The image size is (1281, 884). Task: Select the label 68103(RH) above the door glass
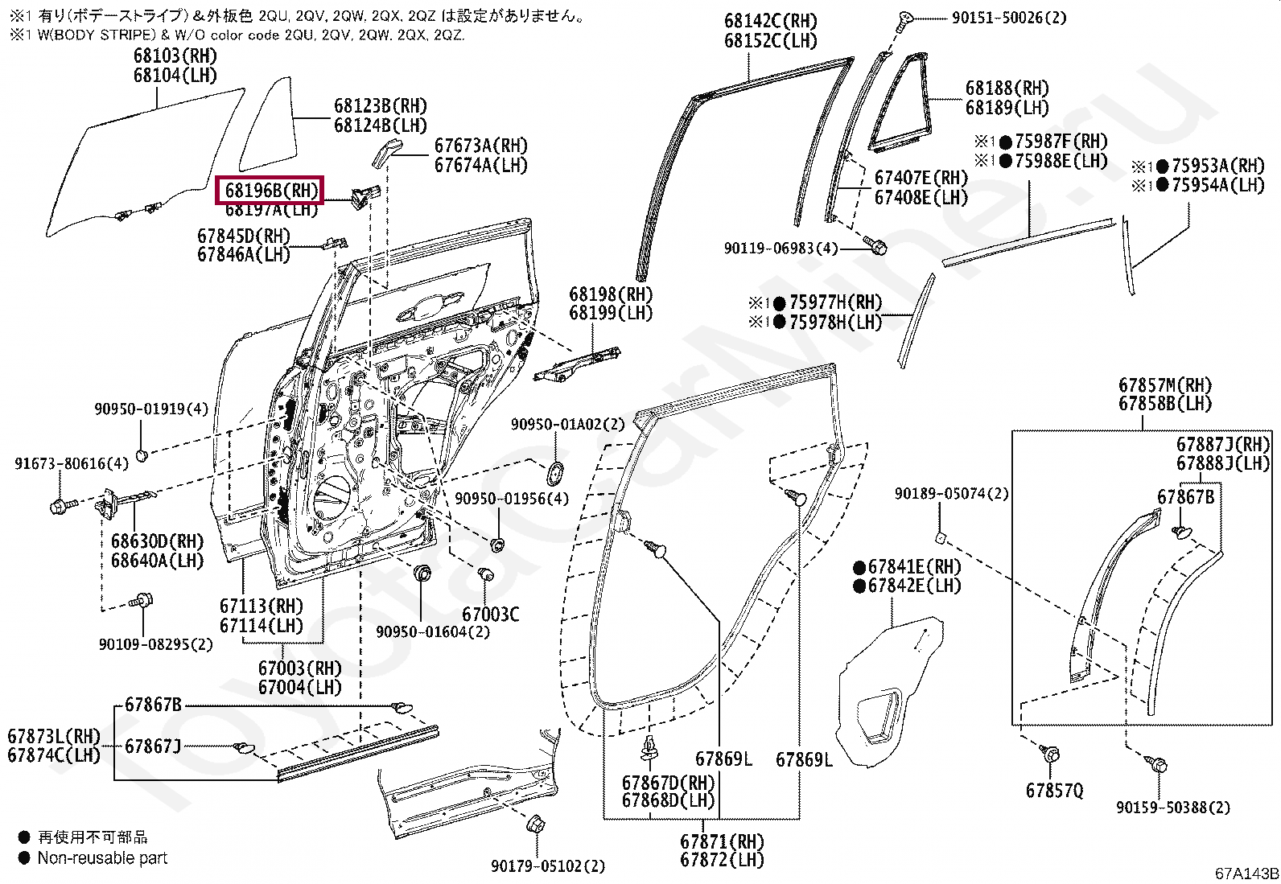coord(175,56)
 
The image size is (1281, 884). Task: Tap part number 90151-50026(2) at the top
coord(1008,17)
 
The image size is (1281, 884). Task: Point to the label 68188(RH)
coord(1007,88)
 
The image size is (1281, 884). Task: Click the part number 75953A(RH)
coord(1217,166)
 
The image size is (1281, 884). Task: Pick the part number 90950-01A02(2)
coord(567,424)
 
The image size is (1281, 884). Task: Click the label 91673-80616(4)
coord(72,463)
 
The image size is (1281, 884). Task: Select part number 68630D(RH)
coord(157,541)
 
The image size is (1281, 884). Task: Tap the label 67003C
coord(490,615)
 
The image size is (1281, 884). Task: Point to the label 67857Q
coord(1054,791)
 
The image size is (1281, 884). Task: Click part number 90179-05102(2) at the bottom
coord(548,866)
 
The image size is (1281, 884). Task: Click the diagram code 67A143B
coord(1246,874)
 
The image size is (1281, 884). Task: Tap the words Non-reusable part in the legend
coord(102,858)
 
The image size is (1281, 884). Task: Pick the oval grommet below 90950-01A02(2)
coord(555,473)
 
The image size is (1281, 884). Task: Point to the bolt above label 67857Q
coord(1050,754)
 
